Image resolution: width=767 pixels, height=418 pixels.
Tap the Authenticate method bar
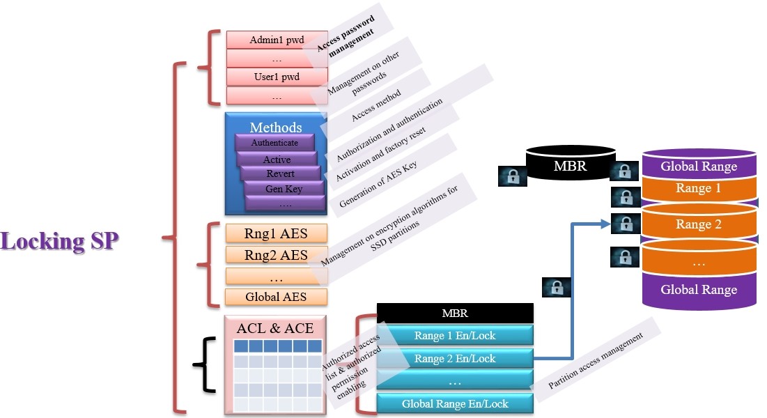[x=274, y=143]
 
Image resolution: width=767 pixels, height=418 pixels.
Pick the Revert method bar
[x=280, y=173]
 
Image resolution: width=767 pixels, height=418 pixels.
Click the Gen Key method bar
[x=284, y=189]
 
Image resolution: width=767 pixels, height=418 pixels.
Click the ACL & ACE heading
[x=275, y=328]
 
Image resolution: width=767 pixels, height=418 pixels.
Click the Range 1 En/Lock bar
[x=454, y=335]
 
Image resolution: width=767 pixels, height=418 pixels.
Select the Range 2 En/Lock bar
[x=454, y=359]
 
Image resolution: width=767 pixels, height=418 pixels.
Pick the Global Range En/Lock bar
[x=454, y=403]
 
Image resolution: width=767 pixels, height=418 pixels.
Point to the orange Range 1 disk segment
[x=698, y=189]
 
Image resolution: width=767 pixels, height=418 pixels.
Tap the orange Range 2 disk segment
[x=698, y=224]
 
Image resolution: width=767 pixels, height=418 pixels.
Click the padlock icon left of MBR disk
[x=513, y=176]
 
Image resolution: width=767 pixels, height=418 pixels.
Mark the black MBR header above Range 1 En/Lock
[x=454, y=313]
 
